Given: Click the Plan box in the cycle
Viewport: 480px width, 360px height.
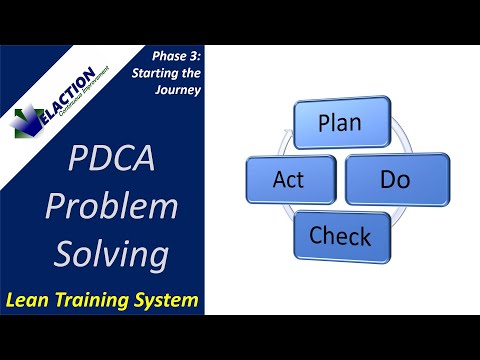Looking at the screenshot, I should click(340, 122).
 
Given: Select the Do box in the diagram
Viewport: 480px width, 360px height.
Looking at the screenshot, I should click(396, 179).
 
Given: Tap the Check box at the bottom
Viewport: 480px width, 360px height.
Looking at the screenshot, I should click(340, 237).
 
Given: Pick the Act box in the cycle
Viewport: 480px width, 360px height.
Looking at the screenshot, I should click(283, 179).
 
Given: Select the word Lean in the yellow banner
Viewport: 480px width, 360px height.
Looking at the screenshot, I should click(32, 299).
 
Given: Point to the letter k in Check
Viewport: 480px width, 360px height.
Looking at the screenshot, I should click(365, 237).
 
